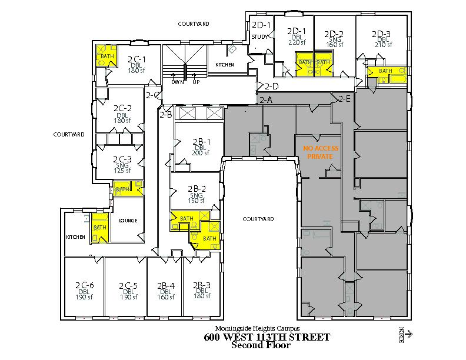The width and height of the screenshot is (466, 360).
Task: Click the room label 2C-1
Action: click(x=137, y=59)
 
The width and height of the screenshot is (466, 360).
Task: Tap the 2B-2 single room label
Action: click(x=197, y=189)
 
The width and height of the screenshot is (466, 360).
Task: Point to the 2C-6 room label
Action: click(x=84, y=285)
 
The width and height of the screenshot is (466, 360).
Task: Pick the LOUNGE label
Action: click(x=128, y=221)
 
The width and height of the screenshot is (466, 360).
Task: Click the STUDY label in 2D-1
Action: click(x=259, y=37)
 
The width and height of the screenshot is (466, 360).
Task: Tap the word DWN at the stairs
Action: click(x=177, y=82)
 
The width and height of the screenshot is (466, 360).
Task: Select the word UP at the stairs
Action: click(x=196, y=82)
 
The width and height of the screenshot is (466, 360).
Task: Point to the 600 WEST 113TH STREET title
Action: click(x=267, y=337)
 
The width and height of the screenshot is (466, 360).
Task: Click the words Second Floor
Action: click(x=261, y=345)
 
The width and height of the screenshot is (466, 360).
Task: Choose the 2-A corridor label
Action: click(x=266, y=101)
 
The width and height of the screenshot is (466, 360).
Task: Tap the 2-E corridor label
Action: click(x=344, y=99)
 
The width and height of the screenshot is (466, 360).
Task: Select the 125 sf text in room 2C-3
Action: click(x=122, y=171)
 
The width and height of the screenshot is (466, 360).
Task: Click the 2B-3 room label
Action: click(x=201, y=285)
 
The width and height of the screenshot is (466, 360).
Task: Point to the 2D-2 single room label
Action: click(x=334, y=34)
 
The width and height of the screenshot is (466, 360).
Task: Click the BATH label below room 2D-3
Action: click(x=385, y=71)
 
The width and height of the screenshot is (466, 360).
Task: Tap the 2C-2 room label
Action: click(x=122, y=108)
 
